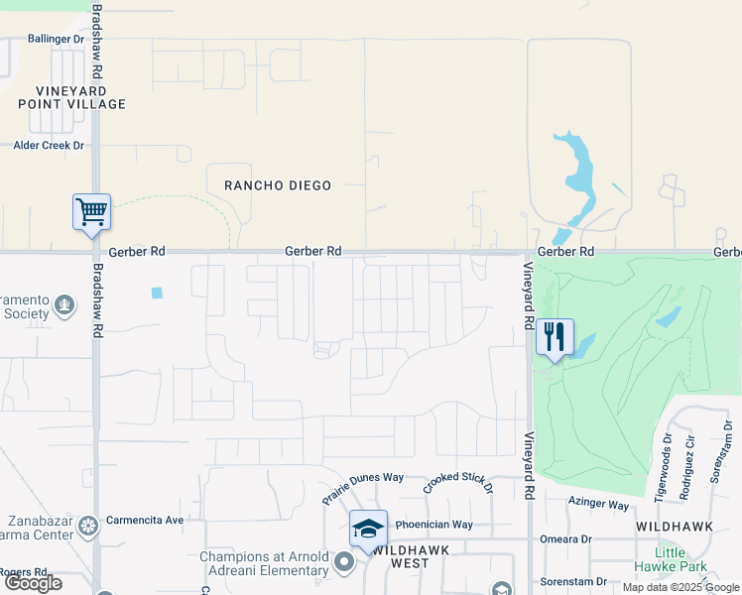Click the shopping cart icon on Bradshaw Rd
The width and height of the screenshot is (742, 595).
click(91, 211)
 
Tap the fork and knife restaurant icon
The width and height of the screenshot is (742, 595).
click(555, 336)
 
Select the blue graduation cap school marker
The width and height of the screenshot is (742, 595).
click(368, 528)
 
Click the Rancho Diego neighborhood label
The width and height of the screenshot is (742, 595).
click(277, 185)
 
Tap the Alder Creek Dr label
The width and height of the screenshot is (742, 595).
click(49, 145)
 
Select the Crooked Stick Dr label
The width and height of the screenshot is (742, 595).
click(457, 483)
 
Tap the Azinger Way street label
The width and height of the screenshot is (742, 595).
click(598, 505)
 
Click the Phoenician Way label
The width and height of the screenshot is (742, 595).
click(434, 525)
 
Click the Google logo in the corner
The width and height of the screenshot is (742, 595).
click(33, 583)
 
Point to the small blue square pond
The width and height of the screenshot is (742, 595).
click(157, 293)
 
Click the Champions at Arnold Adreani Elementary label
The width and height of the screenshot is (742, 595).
click(265, 563)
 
